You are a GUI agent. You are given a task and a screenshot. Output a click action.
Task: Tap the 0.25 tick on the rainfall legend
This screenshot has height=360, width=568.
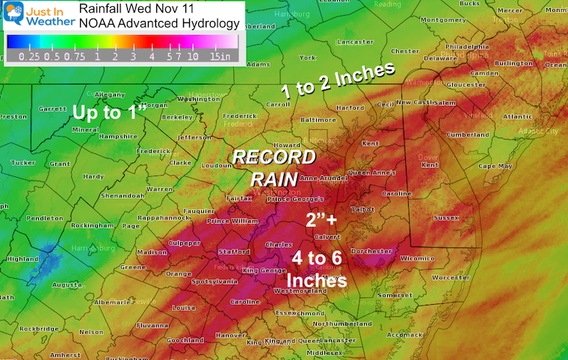29,57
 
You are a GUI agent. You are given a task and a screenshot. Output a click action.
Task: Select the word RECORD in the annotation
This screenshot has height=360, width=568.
274,158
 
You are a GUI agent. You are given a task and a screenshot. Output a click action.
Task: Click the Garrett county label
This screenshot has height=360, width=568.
52,108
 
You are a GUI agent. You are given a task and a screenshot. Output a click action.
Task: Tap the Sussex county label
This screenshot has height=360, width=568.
466,217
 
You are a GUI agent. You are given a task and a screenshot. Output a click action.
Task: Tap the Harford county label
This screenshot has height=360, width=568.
351,108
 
